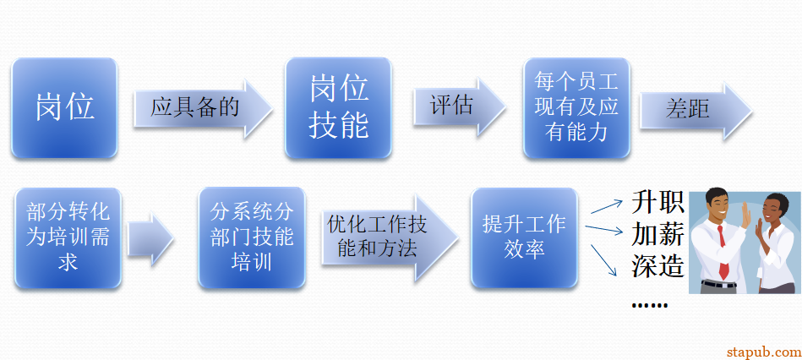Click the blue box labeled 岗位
[x=64, y=107]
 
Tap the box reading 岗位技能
[x=338, y=107]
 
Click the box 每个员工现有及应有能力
[x=576, y=107]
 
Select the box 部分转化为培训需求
[x=68, y=237]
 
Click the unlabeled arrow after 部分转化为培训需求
[x=150, y=238]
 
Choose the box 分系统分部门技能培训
[x=251, y=237]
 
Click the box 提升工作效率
[x=524, y=237]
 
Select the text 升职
[x=657, y=203]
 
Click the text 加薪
[x=657, y=234]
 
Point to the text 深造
[x=657, y=265]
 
